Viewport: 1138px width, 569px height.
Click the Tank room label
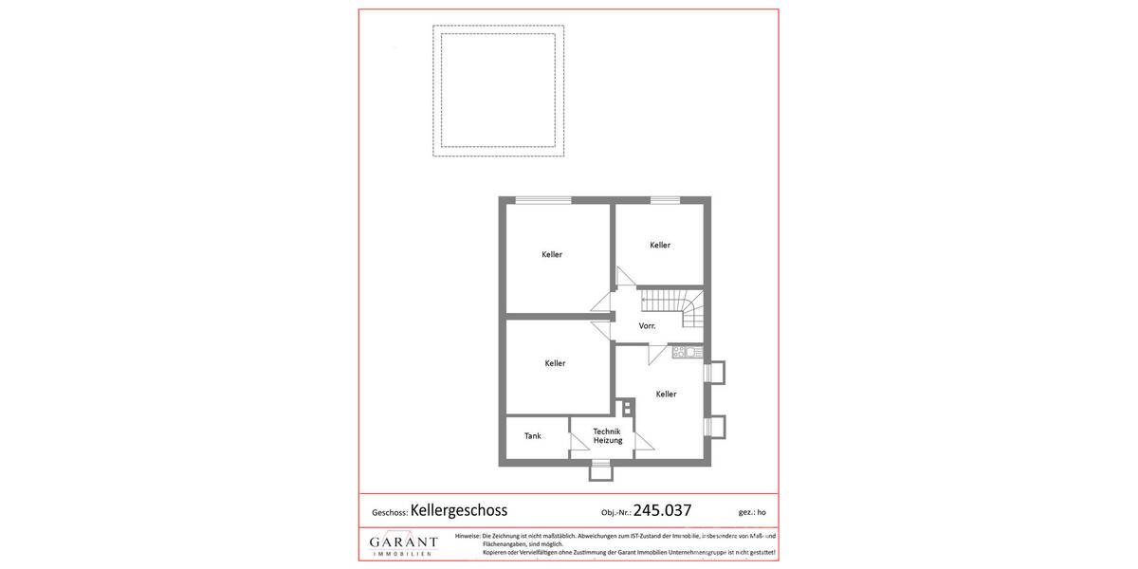[533, 436]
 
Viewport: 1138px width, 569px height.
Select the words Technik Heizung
[607, 436]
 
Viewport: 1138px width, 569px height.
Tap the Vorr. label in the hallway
[647, 325]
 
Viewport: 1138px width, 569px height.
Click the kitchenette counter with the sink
[687, 353]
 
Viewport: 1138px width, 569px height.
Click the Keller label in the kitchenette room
[666, 395]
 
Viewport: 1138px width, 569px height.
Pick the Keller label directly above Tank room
[555, 363]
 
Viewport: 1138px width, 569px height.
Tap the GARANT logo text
[404, 542]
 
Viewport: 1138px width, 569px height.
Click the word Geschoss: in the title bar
[390, 512]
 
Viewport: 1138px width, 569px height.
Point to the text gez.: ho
[752, 512]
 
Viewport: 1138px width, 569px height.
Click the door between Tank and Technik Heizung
[576, 442]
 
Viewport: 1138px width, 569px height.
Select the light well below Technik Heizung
[599, 468]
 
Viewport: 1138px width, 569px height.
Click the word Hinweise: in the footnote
[468, 537]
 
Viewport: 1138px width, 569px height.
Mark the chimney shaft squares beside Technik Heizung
[626, 407]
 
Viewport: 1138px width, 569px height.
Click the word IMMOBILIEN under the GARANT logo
[404, 553]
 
